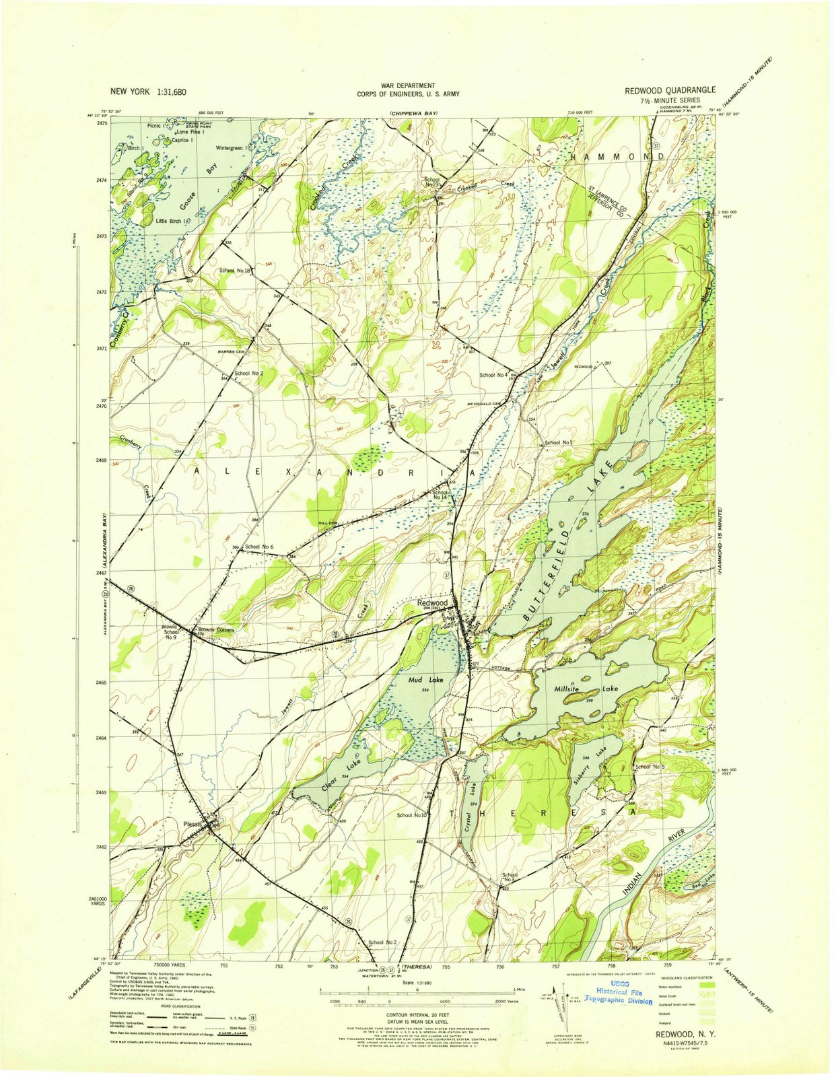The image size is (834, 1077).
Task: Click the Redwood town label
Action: coord(432,603)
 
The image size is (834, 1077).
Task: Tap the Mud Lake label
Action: coord(426,681)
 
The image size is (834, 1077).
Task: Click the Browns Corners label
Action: coord(215,630)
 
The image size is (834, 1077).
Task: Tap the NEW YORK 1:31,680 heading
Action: coord(148,92)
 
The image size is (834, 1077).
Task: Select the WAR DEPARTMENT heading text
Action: coord(408,85)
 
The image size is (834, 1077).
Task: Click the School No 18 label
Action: coord(234,271)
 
